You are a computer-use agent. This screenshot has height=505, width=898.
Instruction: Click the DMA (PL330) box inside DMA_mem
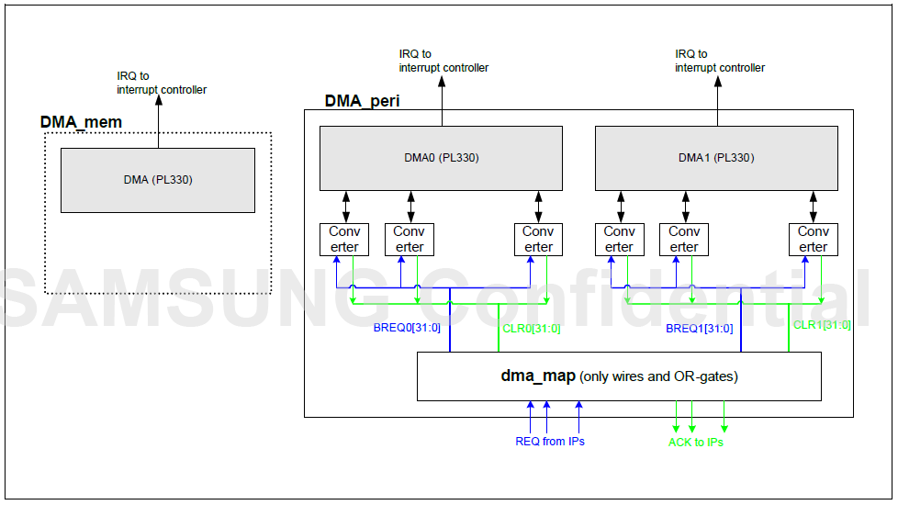pos(157,180)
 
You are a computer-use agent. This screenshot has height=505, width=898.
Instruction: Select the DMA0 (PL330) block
pos(441,157)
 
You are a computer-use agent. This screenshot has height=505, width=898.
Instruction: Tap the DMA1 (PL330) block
pos(716,157)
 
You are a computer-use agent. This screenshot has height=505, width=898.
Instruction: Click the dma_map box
pos(619,376)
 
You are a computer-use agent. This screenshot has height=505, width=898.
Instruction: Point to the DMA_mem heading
pos(81,122)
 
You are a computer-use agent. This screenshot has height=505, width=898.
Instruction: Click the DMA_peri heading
pos(362,101)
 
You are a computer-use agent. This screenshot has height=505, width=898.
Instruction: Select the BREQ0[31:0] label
pos(408,328)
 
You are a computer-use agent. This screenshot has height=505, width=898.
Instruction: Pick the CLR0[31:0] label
pos(532,328)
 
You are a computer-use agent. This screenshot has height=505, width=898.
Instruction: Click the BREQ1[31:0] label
pos(700,328)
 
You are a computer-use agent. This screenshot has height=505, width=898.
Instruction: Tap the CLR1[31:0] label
pos(822,324)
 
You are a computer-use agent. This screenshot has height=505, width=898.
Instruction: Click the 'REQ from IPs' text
pos(550,442)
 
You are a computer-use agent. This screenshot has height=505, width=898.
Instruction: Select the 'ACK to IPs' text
pos(696,443)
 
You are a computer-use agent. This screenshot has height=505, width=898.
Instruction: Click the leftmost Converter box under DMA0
pos(344,239)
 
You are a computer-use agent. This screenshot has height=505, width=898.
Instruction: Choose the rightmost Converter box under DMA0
pos(538,239)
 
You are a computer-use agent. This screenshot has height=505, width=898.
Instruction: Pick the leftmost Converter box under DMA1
pos(619,239)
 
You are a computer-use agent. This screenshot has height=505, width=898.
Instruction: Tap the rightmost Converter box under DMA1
pos(813,239)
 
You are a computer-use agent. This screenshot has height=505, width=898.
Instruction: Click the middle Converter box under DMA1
pos(684,239)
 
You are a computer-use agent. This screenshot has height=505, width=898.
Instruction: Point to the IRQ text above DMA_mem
pos(162,83)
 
